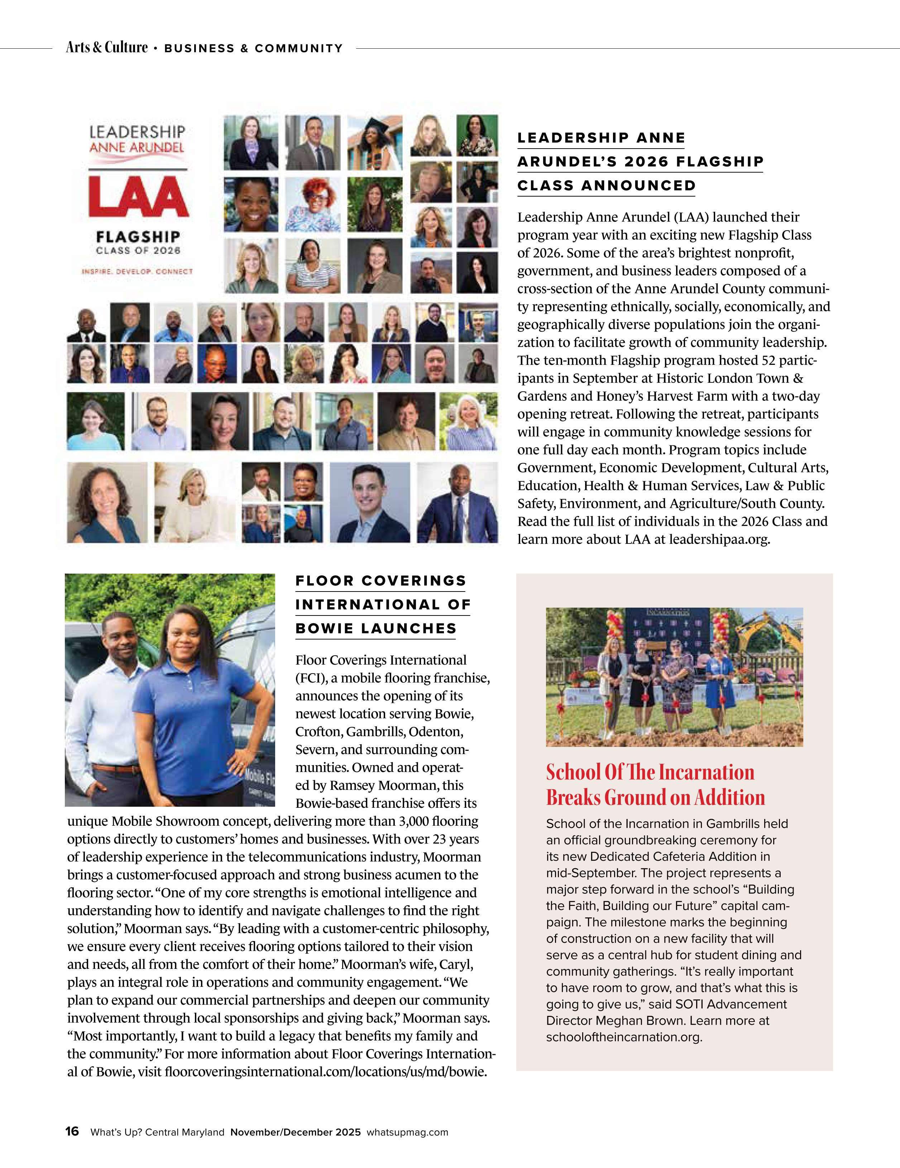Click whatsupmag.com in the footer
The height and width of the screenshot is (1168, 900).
[x=407, y=1132]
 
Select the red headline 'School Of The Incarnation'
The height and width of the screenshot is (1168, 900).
[x=650, y=772]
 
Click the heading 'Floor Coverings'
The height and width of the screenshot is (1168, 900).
[x=381, y=581]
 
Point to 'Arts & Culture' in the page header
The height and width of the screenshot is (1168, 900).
[x=106, y=48]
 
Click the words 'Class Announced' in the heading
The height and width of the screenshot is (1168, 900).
[x=606, y=185]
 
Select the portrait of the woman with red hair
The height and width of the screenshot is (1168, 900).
[x=312, y=203]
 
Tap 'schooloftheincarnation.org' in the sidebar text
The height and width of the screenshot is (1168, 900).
[x=623, y=1037]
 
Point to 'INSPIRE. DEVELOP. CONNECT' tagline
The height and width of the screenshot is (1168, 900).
[x=137, y=271]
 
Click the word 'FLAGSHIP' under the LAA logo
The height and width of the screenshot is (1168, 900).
[x=138, y=236]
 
